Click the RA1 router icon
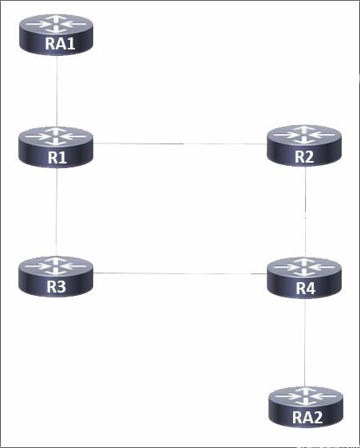[57, 34]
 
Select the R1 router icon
[56, 147]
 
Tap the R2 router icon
[304, 145]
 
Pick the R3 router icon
[56, 277]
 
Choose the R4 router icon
[304, 277]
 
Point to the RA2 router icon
[306, 407]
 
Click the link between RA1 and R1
[57, 91]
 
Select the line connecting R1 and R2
[180, 143]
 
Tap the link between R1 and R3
[57, 212]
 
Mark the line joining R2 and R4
[305, 211]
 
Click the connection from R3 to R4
[180, 273]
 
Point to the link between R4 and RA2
[305, 342]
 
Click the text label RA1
[60, 44]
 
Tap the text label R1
[57, 157]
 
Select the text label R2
[304, 156]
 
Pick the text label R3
[57, 286]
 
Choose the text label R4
[306, 288]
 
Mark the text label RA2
[307, 418]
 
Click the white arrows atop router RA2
[306, 396]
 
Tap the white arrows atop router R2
[304, 135]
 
